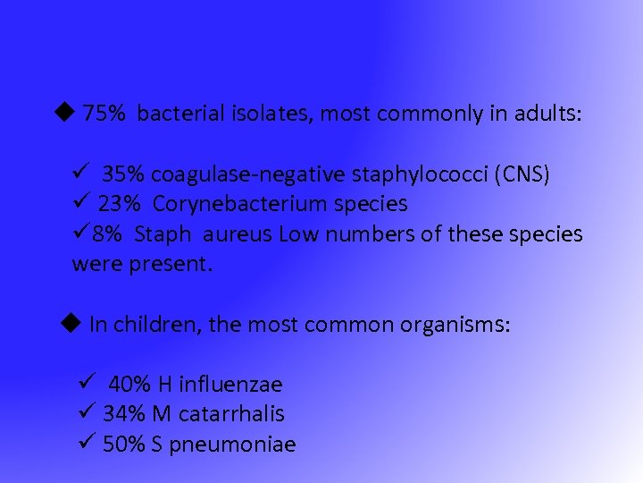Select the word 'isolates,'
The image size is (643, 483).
pyautogui.click(x=271, y=114)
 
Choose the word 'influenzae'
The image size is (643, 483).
pyautogui.click(x=230, y=385)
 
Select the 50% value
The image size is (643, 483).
pyautogui.click(x=124, y=445)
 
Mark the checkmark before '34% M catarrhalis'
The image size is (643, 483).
pyautogui.click(x=87, y=413)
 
